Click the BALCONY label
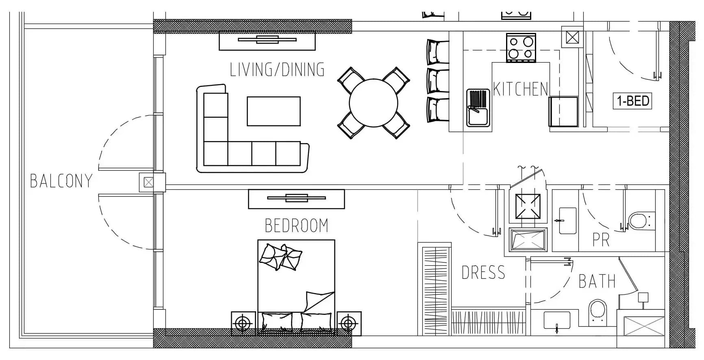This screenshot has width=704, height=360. click(x=61, y=181)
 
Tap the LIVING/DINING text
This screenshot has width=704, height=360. click(x=277, y=69)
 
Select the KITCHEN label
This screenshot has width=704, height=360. click(x=521, y=89)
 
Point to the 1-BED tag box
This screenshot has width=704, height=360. click(x=632, y=101)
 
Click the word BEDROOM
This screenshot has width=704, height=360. click(x=296, y=226)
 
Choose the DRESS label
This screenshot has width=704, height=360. click(x=483, y=272)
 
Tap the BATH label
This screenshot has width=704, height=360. click(x=597, y=281)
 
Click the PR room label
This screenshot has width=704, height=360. click(x=601, y=240)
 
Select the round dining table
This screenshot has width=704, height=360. click(x=374, y=103)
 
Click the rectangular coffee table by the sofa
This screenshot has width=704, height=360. click(x=274, y=111)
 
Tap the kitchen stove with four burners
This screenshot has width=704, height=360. click(x=521, y=48)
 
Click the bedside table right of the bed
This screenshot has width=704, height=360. click(x=348, y=323)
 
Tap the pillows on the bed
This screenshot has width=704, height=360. click(x=280, y=257)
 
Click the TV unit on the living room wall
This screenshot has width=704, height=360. click(x=267, y=40)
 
